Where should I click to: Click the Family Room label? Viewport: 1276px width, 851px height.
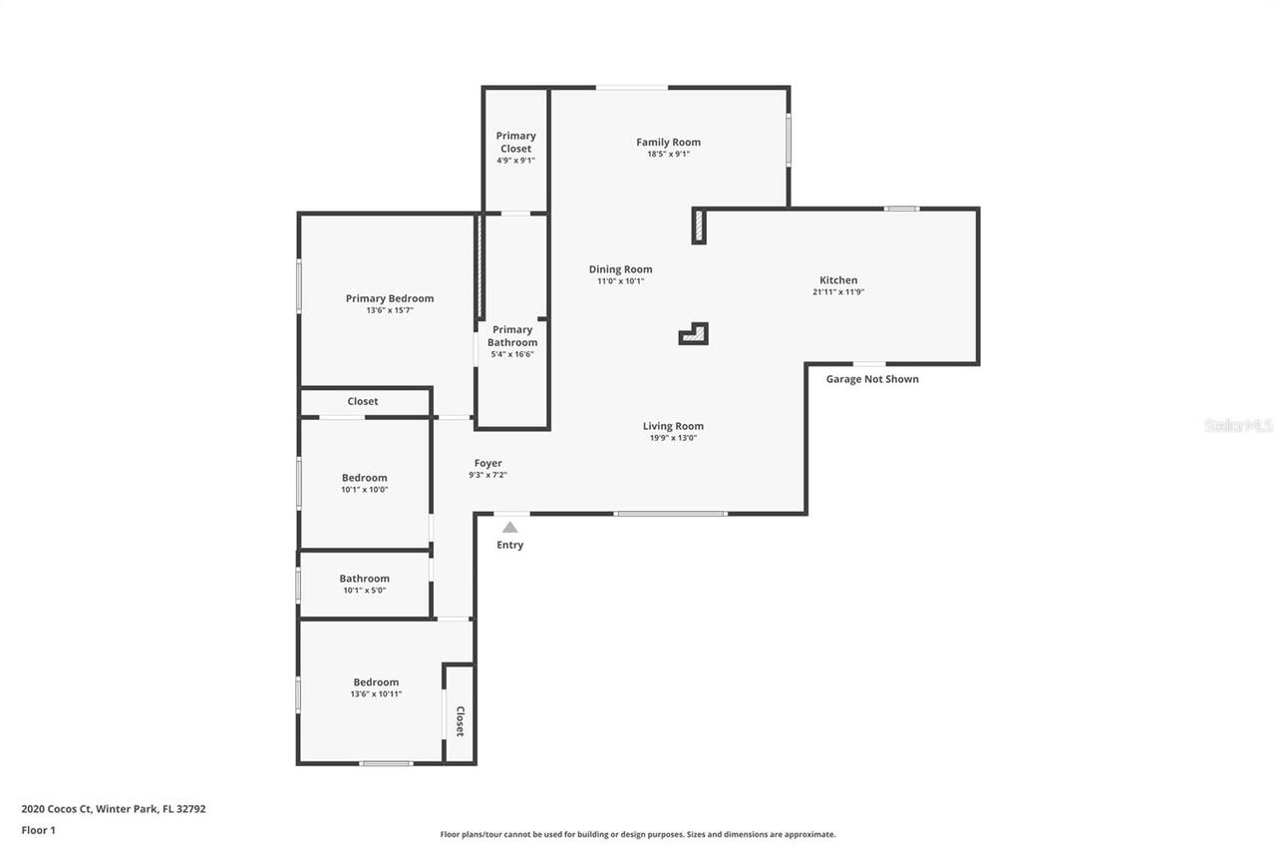668,143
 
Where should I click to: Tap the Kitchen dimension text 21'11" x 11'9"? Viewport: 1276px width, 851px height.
837,292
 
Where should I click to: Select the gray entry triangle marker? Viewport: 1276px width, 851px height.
509,527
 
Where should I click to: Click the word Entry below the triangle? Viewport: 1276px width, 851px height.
509,545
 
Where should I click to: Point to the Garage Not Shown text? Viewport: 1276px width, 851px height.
872,379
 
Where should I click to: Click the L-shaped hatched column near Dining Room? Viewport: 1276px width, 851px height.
695,334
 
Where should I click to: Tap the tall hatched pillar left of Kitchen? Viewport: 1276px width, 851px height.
700,226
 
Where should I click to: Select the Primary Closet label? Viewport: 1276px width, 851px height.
515,142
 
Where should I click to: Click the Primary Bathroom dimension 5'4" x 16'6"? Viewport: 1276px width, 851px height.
512,354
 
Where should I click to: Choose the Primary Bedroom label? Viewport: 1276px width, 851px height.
390,298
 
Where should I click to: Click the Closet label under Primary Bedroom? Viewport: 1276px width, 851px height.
363,401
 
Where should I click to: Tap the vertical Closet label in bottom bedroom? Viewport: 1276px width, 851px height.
460,721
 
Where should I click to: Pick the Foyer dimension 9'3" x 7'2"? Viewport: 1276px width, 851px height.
488,475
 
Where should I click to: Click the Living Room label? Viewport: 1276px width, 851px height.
673,426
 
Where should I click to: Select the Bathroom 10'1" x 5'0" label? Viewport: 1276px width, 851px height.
364,579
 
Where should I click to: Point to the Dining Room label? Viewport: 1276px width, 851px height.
620,269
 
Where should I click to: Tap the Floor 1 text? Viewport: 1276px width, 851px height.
39,830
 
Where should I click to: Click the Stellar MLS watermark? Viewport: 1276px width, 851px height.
1239,425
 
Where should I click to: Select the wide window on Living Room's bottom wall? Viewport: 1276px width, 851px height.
670,514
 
